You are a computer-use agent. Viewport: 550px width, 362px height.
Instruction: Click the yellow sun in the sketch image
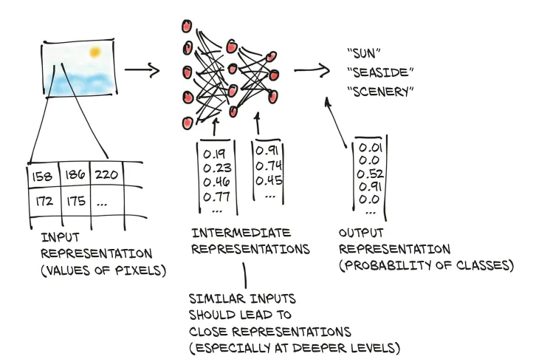(94, 52)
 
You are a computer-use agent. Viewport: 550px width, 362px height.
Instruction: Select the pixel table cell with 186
(74, 175)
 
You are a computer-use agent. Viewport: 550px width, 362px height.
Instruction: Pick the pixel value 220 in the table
(105, 174)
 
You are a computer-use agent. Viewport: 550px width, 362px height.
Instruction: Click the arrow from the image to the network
(142, 71)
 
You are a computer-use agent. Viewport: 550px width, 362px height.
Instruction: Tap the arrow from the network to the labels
(312, 71)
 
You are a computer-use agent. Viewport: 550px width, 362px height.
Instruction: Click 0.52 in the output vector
(371, 174)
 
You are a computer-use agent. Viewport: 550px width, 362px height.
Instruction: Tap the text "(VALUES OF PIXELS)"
(103, 271)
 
